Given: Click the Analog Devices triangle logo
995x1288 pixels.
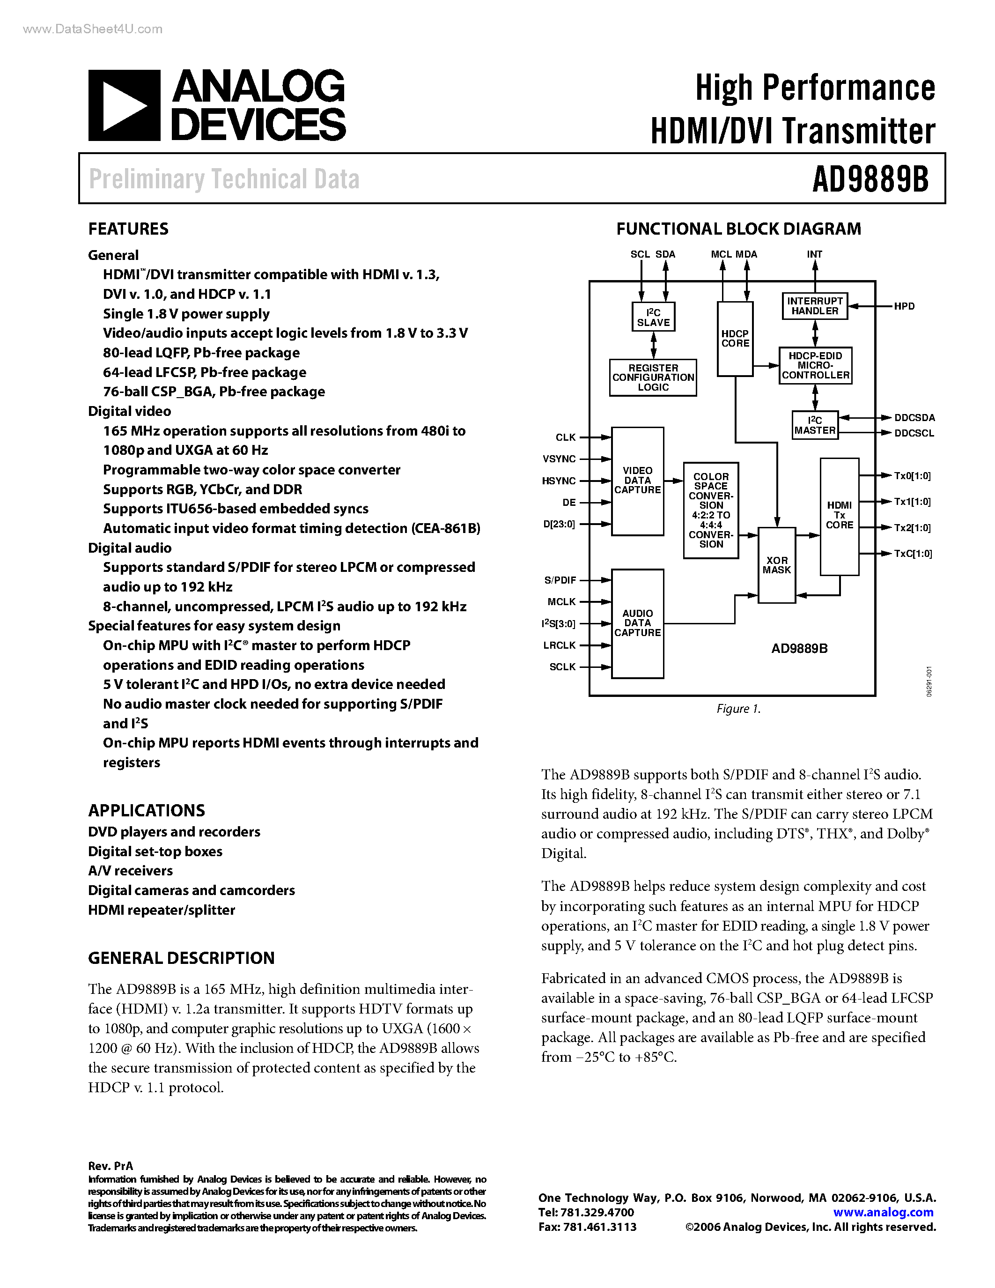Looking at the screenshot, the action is click(x=124, y=105).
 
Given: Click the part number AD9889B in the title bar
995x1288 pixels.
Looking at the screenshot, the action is click(x=870, y=179).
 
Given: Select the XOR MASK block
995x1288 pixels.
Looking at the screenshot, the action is click(x=776, y=565).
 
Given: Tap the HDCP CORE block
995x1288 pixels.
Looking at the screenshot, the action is click(x=735, y=339).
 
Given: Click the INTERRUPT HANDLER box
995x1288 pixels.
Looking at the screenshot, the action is click(x=815, y=306).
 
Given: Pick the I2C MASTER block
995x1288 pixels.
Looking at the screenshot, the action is click(x=815, y=425).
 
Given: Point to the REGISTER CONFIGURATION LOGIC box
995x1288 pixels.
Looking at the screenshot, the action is click(x=653, y=378).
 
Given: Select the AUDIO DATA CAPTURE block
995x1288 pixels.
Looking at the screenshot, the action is click(x=637, y=623).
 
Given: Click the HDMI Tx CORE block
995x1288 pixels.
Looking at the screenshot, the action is click(x=840, y=516).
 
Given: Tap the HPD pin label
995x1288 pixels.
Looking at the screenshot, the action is click(x=904, y=306).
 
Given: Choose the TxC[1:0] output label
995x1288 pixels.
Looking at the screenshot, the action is click(x=913, y=554).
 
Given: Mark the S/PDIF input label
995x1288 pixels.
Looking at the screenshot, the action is click(x=560, y=580).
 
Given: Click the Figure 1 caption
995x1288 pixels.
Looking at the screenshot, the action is click(x=738, y=709).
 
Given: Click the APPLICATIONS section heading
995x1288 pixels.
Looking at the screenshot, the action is click(x=147, y=811).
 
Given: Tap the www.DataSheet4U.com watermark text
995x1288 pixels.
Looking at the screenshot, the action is click(x=93, y=30).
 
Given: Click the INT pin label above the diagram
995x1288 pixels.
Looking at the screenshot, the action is click(x=815, y=254).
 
